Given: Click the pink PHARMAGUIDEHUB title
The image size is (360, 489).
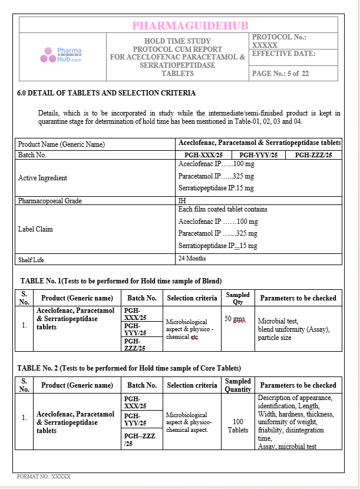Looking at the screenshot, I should [x=190, y=25].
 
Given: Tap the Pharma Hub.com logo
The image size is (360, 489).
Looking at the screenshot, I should [x=61, y=55].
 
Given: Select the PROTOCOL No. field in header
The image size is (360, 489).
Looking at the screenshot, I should [x=279, y=41].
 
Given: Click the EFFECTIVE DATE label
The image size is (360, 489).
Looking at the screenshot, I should [x=283, y=54].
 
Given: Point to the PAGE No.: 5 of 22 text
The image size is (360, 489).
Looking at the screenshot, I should [x=280, y=74].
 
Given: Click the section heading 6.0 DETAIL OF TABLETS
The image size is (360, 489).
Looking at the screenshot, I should [x=106, y=93].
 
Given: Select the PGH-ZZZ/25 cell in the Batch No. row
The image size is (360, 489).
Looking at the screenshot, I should [x=313, y=155].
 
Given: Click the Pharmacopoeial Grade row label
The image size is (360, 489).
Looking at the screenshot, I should [x=50, y=201].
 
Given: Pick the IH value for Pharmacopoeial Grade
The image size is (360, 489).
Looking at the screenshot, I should [x=183, y=201].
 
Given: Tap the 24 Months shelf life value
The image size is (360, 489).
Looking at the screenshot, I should [x=192, y=258].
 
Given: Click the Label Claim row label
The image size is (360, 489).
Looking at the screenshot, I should [x=35, y=229].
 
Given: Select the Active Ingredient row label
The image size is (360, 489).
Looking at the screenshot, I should [x=42, y=178].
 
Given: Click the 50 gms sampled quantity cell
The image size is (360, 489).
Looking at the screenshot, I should [x=235, y=319].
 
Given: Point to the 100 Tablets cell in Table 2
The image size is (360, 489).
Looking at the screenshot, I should [x=238, y=425].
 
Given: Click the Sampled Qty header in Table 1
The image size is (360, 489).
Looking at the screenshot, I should [x=237, y=298].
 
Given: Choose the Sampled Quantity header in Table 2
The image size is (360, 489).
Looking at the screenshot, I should [x=238, y=385].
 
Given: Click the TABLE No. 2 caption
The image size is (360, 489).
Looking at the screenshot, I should [x=129, y=368].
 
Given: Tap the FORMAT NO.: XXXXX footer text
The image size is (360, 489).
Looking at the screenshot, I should [x=44, y=476].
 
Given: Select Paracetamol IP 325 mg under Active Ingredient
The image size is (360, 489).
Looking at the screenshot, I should [x=216, y=176].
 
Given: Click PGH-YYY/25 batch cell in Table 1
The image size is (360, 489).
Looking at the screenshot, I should [x=135, y=329].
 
